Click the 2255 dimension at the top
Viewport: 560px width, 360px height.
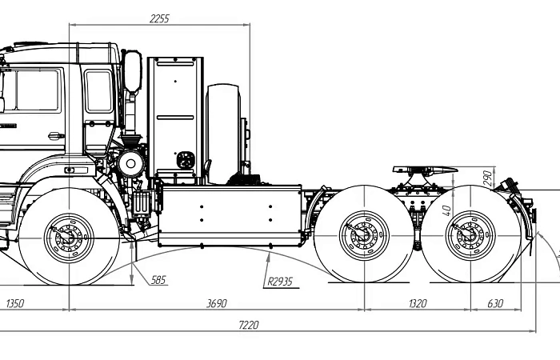[x=159, y=18]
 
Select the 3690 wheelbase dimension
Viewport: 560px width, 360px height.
[x=217, y=303]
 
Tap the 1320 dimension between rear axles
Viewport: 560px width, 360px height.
[x=418, y=303]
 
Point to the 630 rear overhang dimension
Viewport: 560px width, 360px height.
[x=495, y=303]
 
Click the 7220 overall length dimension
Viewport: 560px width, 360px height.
[x=249, y=325]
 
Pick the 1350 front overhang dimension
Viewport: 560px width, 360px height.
[x=15, y=303]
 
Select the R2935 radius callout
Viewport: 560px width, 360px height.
[x=280, y=282]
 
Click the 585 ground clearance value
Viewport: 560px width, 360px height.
[x=158, y=280]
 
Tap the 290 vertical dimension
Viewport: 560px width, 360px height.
[x=488, y=178]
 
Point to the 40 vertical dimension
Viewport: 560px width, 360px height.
[x=446, y=210]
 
